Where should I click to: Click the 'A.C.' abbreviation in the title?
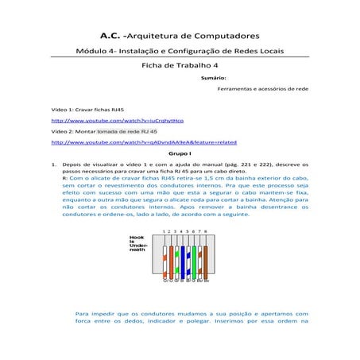click(x=111, y=36)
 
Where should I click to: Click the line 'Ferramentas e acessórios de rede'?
click(x=268, y=90)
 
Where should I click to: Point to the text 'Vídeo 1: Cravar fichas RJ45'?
click(x=87, y=108)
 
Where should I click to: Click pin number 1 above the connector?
click(x=165, y=231)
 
